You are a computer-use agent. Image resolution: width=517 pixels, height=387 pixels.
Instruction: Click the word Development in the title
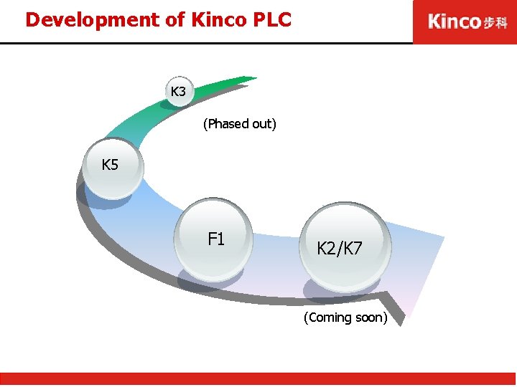tap(93, 19)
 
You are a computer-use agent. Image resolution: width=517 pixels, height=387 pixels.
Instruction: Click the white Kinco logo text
tap(454, 21)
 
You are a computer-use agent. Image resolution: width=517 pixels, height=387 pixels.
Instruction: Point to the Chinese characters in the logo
tap(495, 22)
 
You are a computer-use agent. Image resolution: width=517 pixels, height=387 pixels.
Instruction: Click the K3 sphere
tap(178, 92)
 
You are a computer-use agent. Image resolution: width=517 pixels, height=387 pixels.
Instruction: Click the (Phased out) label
tap(239, 124)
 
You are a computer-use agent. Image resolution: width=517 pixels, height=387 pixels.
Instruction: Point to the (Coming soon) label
tap(345, 317)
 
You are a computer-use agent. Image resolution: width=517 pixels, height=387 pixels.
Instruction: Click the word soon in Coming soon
tap(371, 317)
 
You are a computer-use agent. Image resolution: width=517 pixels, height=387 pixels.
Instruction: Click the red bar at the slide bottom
tap(258, 379)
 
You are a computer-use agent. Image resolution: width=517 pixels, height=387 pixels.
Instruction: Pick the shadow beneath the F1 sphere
tap(208, 282)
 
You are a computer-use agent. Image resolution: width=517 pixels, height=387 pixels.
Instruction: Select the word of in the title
tap(176, 19)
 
